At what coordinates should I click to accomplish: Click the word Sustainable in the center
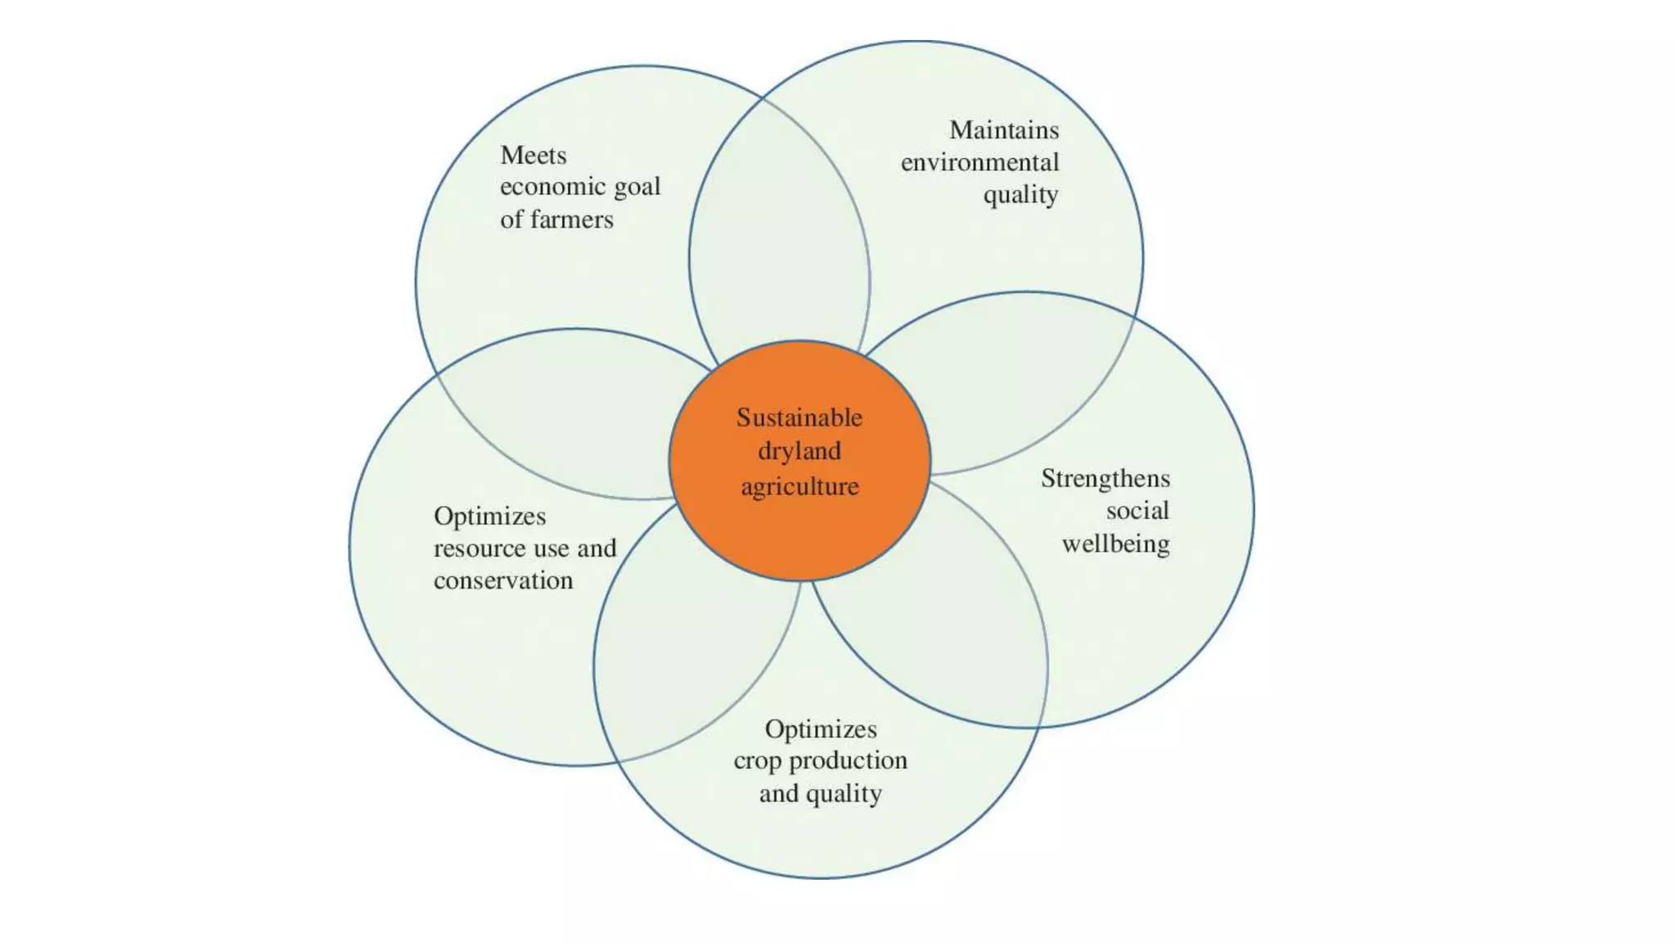coord(799,417)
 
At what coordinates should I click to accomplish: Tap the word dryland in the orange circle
coord(799,451)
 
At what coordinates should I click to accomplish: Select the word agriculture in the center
coord(800,487)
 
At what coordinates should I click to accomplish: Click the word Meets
coord(533,155)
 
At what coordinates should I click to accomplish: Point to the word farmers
coord(571,219)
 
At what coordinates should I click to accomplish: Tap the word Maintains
coord(1003,130)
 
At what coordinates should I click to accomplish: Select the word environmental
coord(980,163)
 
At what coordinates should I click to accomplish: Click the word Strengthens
coord(1105,478)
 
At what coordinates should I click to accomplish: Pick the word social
coord(1138,511)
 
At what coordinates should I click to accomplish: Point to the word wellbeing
coord(1115,544)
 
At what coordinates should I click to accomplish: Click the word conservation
coord(503,580)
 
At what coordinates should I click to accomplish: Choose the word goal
coord(637,187)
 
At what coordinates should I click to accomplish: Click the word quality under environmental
coord(1020,196)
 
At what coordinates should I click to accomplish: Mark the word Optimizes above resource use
coord(489,516)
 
